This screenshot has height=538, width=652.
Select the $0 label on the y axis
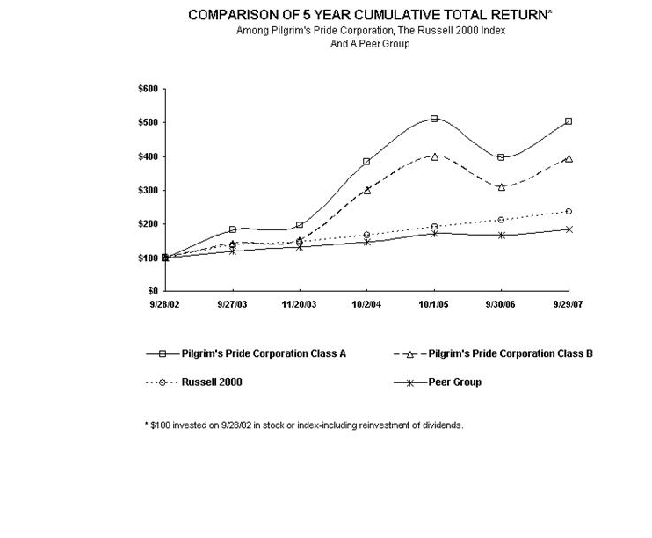click(x=152, y=291)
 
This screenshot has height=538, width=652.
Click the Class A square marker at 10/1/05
click(x=434, y=118)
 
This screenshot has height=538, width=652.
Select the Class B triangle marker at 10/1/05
click(x=434, y=156)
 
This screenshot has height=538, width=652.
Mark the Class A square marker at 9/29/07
click(x=569, y=121)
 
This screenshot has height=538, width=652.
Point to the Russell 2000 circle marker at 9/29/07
click(x=569, y=211)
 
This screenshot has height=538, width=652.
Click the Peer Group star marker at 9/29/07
click(x=569, y=229)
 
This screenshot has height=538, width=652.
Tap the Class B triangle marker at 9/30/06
click(x=502, y=186)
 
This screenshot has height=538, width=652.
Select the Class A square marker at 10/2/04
click(x=366, y=161)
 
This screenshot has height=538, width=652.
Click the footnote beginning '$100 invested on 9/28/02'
click(x=303, y=425)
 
